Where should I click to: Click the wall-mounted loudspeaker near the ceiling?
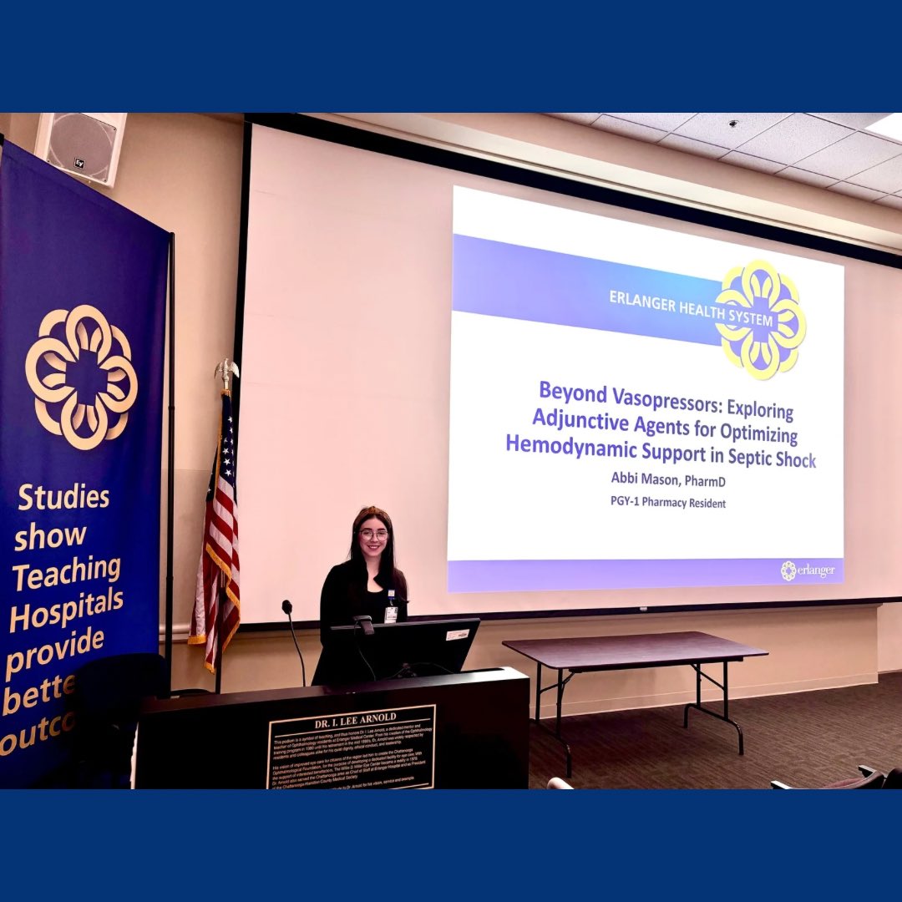coord(82,148)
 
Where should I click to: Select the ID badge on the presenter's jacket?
coord(391,614)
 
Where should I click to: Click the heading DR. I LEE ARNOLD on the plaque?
coord(351,717)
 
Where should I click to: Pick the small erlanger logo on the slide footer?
coord(807,570)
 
